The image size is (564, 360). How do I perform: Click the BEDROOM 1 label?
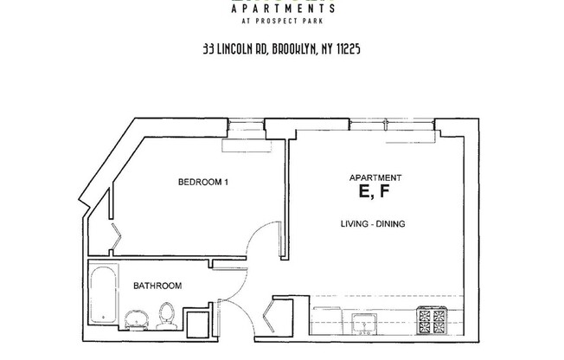pos(202,182)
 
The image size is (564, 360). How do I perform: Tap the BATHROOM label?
pos(157,286)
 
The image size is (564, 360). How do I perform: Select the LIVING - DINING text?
pos(373,224)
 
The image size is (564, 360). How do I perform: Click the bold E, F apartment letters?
pos(374,192)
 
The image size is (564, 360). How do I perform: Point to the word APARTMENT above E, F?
pos(374,177)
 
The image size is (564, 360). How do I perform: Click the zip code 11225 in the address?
pos(344,50)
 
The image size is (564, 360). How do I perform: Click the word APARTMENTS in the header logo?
pos(282,10)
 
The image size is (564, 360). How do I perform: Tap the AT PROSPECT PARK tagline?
pos(282,24)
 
